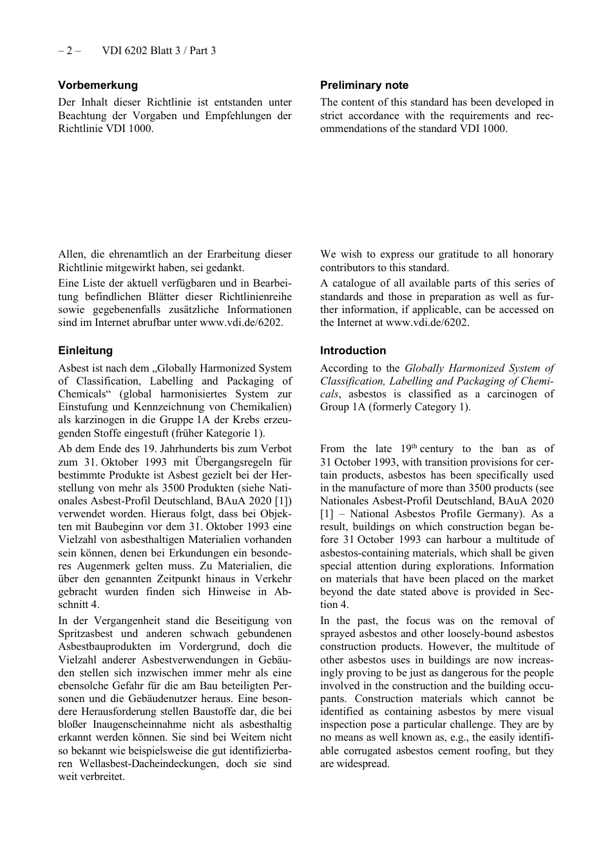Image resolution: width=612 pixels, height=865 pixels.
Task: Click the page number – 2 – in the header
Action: click(69, 50)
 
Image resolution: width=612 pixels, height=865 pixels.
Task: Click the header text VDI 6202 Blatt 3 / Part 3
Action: click(158, 50)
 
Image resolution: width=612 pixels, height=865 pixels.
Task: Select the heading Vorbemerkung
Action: click(98, 85)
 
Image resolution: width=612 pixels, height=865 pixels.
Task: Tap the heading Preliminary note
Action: click(364, 85)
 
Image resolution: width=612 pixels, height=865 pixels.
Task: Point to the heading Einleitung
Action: click(85, 350)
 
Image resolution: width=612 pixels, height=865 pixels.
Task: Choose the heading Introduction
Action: click(353, 350)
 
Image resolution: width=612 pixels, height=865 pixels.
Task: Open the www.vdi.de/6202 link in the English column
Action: click(426, 323)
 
